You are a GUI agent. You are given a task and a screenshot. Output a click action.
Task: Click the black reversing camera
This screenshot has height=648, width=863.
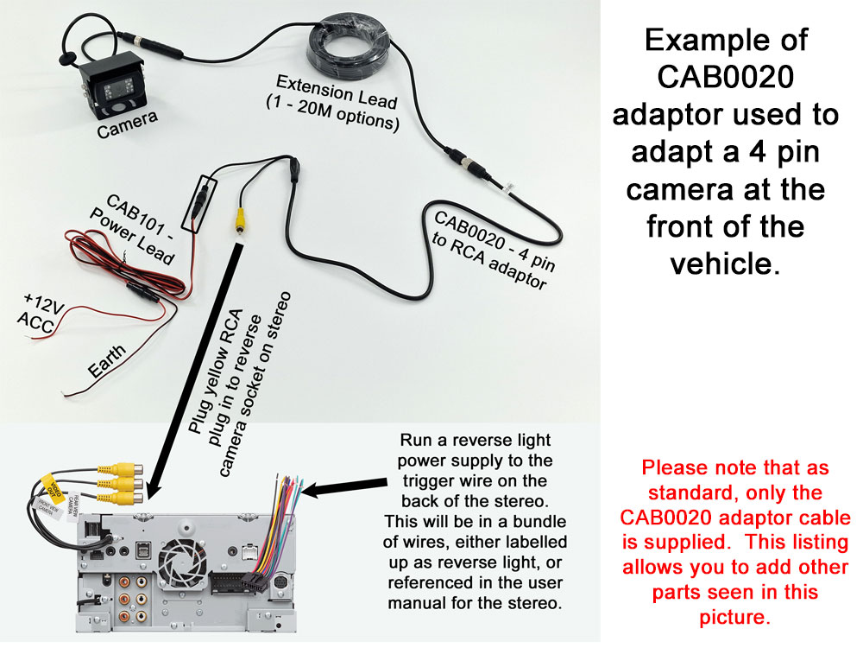[111, 86]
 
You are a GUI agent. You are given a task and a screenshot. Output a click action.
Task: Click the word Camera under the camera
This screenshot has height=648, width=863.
[126, 126]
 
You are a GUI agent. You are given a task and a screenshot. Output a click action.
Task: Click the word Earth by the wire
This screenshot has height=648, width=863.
[107, 361]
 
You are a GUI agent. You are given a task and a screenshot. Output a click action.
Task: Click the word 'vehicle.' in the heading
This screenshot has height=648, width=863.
[725, 263]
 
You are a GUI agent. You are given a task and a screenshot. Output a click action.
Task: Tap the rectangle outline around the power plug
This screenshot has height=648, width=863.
[205, 203]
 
